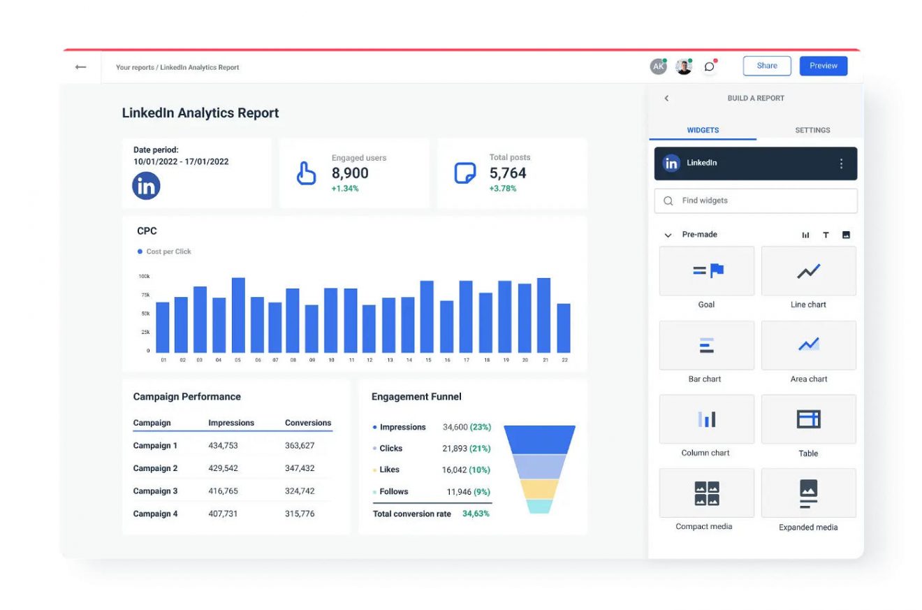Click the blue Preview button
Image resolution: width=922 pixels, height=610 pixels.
(x=823, y=66)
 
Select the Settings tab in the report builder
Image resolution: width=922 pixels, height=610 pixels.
(x=812, y=130)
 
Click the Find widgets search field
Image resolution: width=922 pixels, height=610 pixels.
(x=756, y=201)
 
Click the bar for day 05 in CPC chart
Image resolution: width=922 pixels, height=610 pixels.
(x=238, y=315)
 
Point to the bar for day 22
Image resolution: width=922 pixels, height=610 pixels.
(x=563, y=328)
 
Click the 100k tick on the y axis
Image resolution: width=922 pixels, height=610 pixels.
(x=144, y=276)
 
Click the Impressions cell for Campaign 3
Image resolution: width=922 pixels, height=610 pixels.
(x=223, y=491)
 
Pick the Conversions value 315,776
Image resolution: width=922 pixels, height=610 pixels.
(x=300, y=514)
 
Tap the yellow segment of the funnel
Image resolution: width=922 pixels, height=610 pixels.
(x=539, y=488)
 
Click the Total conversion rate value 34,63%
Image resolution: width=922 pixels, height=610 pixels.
(x=476, y=514)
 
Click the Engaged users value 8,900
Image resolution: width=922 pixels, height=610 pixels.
(x=350, y=173)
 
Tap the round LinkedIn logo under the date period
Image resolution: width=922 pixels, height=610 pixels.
(x=146, y=186)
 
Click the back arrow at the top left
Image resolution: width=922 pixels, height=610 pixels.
(x=80, y=67)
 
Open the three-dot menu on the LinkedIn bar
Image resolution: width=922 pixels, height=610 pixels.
(x=841, y=164)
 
